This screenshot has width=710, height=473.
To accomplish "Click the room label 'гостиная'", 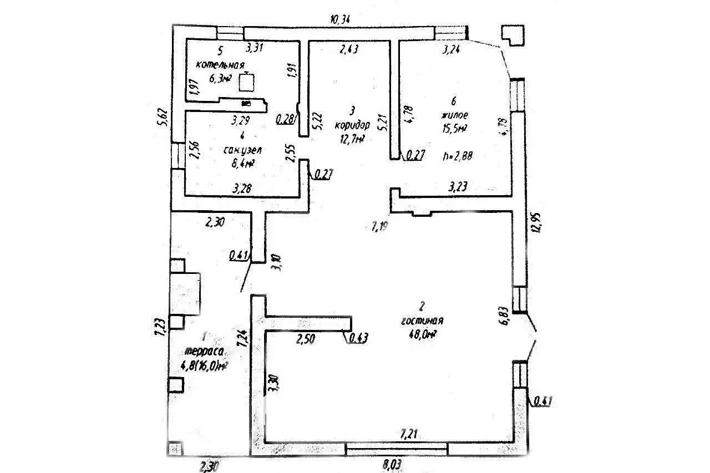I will [422, 321].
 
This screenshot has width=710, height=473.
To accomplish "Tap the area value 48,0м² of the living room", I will [422, 334].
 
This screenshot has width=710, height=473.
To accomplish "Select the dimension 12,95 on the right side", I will [535, 221].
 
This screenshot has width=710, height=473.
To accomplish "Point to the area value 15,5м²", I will [454, 129].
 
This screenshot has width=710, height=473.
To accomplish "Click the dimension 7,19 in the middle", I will [382, 226].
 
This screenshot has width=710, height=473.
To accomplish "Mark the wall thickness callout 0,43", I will [358, 337].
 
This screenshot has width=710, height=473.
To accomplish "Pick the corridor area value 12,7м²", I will [352, 139].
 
